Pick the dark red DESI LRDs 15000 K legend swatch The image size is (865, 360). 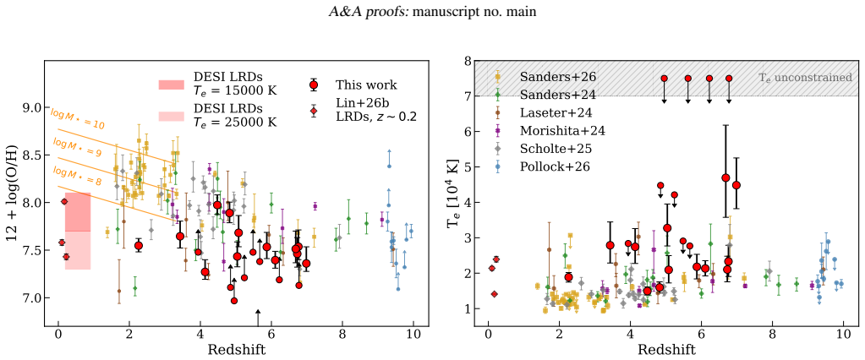(172, 85)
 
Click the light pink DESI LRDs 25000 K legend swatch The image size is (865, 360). (172, 116)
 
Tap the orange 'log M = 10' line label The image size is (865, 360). (78, 119)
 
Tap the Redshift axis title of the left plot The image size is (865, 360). (236, 350)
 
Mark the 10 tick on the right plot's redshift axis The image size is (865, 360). (843, 334)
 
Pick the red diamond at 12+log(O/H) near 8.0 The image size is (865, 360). (64, 202)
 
